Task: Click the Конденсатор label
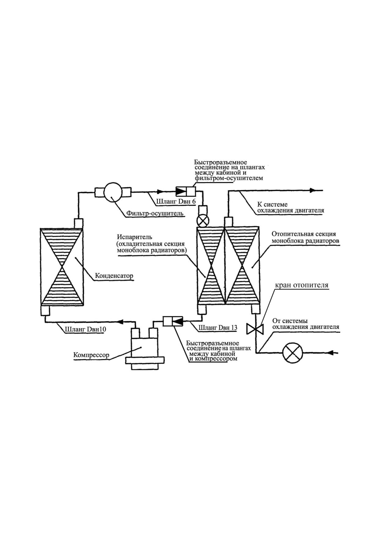coord(114,276)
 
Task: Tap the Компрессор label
coord(91,355)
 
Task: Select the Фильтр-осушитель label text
coord(155,213)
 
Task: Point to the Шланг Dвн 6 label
coord(176,202)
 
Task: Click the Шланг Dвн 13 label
coord(218,327)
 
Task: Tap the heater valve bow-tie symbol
coord(255,329)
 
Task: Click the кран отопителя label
coord(302,285)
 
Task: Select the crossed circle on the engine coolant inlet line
coord(293,353)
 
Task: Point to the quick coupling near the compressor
coord(173,321)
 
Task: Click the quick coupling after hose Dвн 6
coord(186,192)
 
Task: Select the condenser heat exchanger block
coord(62,267)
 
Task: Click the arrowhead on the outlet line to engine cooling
coord(312,190)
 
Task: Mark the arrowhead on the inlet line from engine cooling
coord(330,353)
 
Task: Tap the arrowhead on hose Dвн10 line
coord(120,322)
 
